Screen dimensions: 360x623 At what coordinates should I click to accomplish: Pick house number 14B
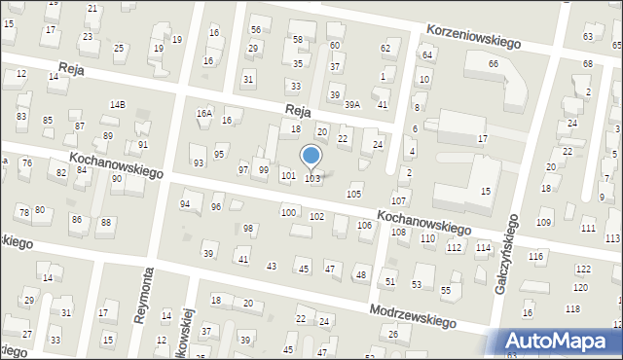pyautogui.click(x=118, y=104)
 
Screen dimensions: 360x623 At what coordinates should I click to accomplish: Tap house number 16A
pyautogui.click(x=203, y=113)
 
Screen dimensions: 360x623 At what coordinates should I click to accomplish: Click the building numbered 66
pyautogui.click(x=494, y=63)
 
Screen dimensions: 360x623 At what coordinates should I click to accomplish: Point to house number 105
pyautogui.click(x=354, y=195)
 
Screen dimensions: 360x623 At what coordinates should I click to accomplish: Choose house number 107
pyautogui.click(x=398, y=200)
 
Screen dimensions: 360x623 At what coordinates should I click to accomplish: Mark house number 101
pyautogui.click(x=288, y=176)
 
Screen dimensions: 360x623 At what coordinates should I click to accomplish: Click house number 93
pyautogui.click(x=199, y=162)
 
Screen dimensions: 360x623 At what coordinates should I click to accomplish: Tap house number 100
pyautogui.click(x=288, y=212)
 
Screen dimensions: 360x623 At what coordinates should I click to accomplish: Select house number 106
pyautogui.click(x=364, y=226)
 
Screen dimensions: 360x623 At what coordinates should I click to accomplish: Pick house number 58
pyautogui.click(x=298, y=40)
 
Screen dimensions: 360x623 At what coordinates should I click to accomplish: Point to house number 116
pyautogui.click(x=535, y=256)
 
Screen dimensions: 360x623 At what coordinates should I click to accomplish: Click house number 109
pyautogui.click(x=543, y=223)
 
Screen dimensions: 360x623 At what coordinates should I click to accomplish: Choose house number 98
pyautogui.click(x=248, y=229)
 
